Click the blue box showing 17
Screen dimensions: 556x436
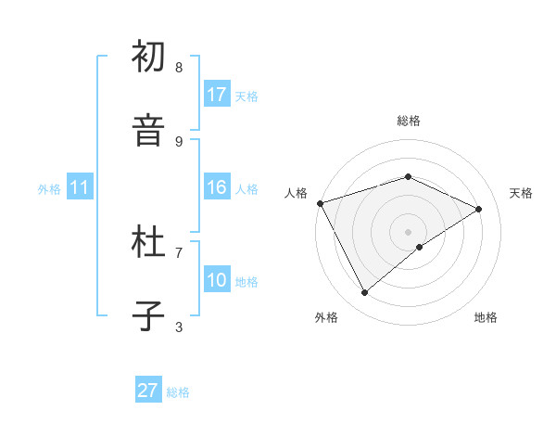pos(217,95)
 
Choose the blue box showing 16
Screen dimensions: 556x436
pos(217,187)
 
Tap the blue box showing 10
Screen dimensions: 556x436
pos(217,280)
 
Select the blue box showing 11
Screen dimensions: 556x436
pos(80,187)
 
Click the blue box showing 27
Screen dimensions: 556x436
pos(148,391)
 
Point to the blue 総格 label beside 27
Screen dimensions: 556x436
pos(178,392)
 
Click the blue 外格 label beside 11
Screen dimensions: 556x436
pos(49,189)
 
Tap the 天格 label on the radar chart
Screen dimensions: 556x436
pos(521,193)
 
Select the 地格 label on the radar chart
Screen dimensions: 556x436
pos(486,317)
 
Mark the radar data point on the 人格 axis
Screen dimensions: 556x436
pos(320,203)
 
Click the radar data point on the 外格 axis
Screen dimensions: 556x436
pos(365,293)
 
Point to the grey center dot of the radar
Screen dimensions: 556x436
pos(408,232)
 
